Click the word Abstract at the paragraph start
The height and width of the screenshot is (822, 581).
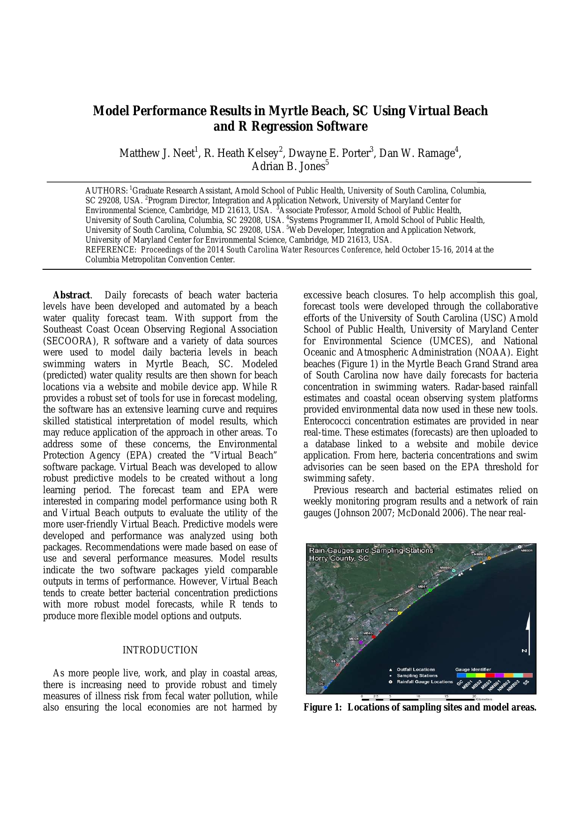[71, 296]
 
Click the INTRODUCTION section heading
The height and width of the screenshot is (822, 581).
[160, 650]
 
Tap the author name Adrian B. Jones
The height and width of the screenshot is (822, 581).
[288, 167]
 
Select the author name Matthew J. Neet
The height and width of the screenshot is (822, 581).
[156, 154]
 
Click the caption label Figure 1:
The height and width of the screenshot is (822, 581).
[323, 707]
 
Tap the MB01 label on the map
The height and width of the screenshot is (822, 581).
[422, 586]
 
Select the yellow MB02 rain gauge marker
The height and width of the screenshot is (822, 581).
[400, 613]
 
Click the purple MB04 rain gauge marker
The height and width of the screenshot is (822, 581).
[361, 643]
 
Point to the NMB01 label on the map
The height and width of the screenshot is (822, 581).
[526, 550]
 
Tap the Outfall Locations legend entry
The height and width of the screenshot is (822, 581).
[416, 669]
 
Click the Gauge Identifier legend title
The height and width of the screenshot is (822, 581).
[473, 669]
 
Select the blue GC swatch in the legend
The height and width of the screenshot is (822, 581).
[461, 675]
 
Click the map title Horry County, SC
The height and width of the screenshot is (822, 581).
[339, 558]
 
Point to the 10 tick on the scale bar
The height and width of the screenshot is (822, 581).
[418, 696]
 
